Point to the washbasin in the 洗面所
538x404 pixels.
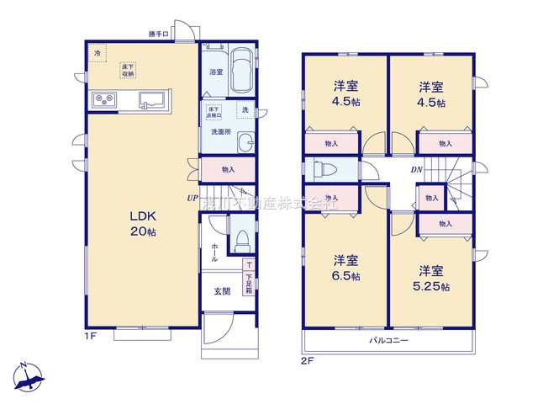pos(245,143)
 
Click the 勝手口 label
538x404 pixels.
pos(158,35)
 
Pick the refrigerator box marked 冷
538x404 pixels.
pos(98,54)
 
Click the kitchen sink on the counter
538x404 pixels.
pos(151,98)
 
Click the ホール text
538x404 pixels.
pos(214,252)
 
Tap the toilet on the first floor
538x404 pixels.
pos(241,242)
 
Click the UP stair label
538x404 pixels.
pos(192,198)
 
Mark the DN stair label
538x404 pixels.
pos(417,169)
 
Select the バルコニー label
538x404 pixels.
pos(388,342)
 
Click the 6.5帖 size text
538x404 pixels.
pos(345,275)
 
